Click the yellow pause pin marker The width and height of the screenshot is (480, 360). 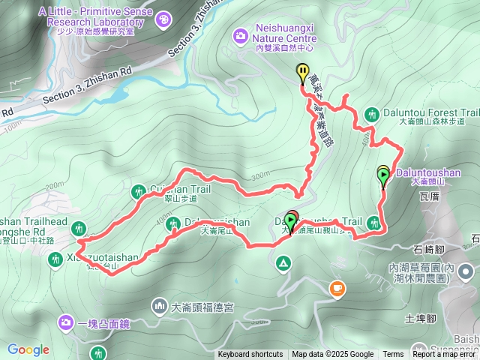303,73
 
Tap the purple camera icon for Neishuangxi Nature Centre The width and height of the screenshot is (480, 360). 240,34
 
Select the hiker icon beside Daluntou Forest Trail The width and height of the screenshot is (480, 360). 371,114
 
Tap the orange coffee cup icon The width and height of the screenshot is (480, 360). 337,287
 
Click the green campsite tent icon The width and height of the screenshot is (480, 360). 283,262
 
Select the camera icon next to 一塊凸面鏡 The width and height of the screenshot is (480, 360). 67,323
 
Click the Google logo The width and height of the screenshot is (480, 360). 28,349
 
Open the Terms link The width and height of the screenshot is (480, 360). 393,355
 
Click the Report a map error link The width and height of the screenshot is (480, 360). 445,355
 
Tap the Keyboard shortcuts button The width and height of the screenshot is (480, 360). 250,355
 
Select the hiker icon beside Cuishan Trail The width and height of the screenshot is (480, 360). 138,192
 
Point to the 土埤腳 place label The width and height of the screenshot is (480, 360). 420,318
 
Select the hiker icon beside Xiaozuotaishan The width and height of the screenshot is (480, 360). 55,259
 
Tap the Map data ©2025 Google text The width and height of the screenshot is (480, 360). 332,355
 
